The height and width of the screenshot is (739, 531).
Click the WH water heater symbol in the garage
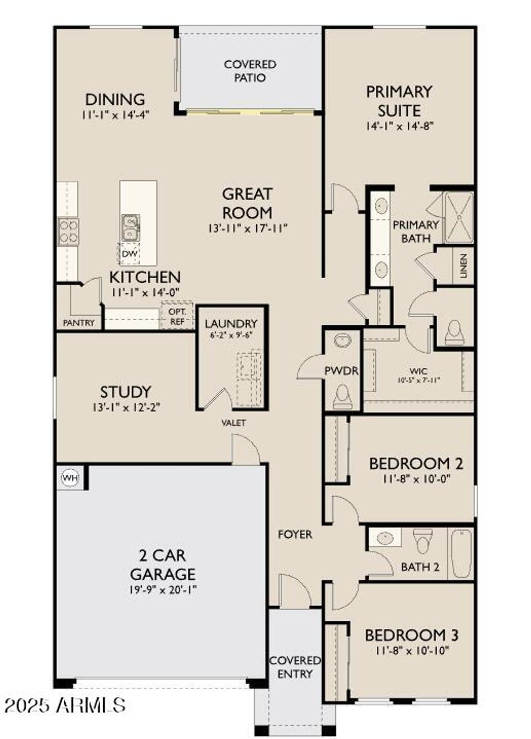pos(71,478)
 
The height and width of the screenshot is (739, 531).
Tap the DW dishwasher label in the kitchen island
pos(129,254)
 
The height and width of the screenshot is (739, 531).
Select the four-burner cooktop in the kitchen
pos(68,231)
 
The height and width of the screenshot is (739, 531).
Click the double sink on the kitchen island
pos(130,228)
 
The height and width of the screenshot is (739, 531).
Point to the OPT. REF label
pos(177,316)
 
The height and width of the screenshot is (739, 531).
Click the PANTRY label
pos(78,323)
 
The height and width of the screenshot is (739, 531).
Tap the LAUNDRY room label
pos(231,324)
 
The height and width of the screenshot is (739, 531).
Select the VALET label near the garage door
pos(234,422)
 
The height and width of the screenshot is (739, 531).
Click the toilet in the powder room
pos(343,395)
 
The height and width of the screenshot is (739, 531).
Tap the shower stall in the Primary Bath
pos(459,218)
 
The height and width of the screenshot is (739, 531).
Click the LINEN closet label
pos(464,266)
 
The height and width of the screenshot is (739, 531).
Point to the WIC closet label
pos(418,371)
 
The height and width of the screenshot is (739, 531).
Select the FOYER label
pos(295,534)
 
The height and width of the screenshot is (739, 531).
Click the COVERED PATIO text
pos(250,71)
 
